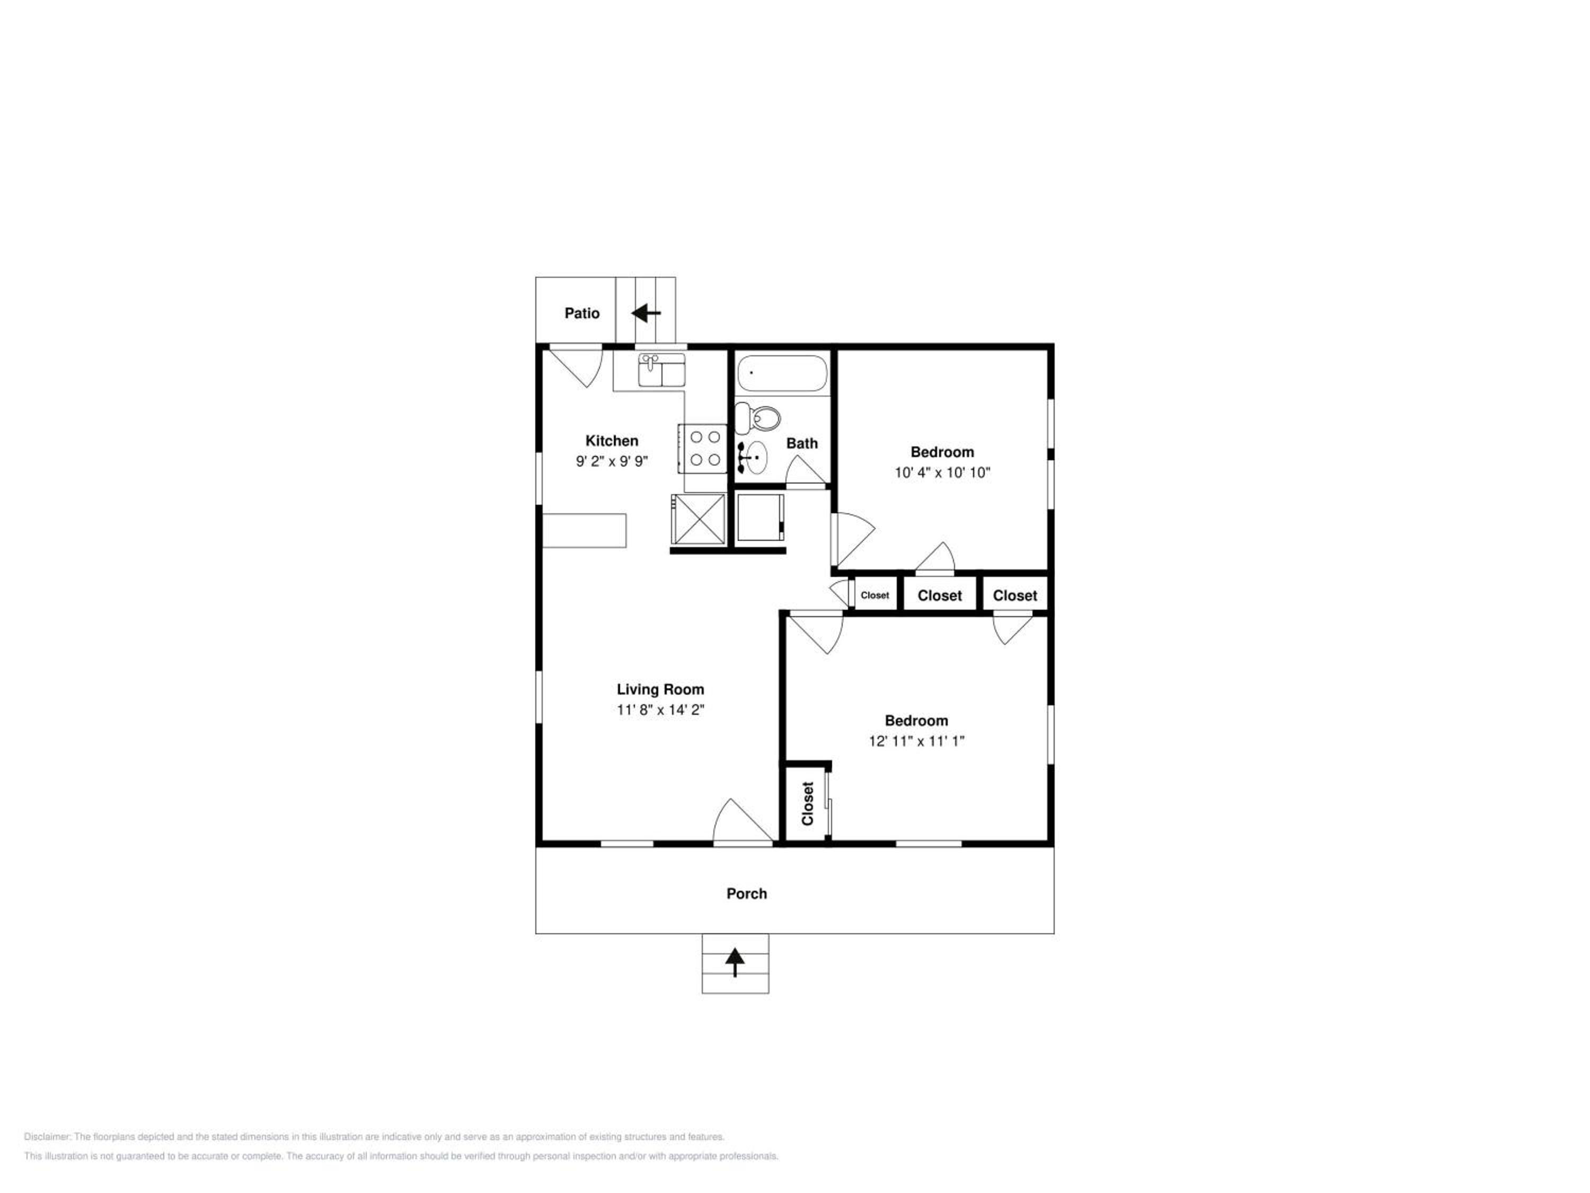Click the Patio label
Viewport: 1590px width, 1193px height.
pyautogui.click(x=581, y=313)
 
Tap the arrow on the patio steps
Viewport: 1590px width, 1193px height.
pyautogui.click(x=646, y=313)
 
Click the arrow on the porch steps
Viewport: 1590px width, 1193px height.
pyautogui.click(x=735, y=962)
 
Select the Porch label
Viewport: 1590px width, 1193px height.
pyautogui.click(x=746, y=894)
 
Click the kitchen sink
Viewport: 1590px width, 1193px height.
pyautogui.click(x=661, y=370)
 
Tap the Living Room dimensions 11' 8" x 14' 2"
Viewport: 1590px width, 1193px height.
pyautogui.click(x=660, y=710)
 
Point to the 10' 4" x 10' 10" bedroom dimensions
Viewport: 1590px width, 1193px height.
pyautogui.click(x=942, y=472)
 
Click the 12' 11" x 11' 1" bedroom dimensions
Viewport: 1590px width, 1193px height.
pyautogui.click(x=916, y=741)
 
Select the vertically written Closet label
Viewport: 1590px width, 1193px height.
pyautogui.click(x=807, y=803)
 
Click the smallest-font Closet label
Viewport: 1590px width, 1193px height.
pyautogui.click(x=875, y=595)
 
